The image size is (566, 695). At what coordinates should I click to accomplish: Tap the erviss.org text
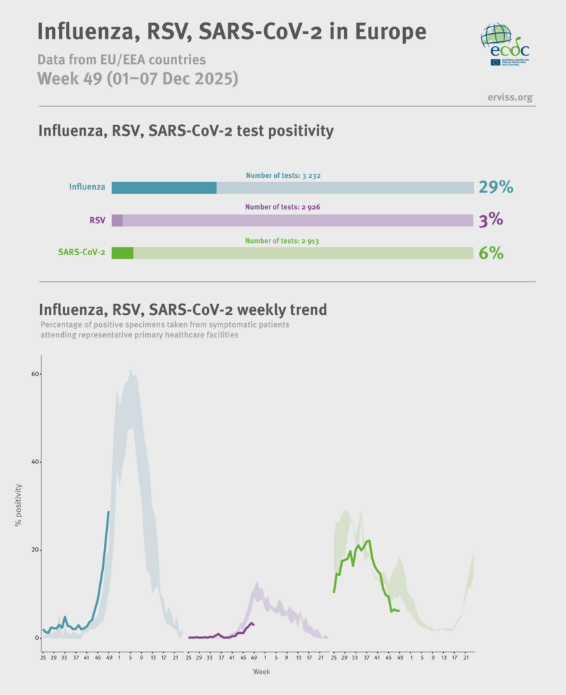click(x=510, y=97)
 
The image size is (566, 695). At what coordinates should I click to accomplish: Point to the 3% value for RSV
click(x=490, y=220)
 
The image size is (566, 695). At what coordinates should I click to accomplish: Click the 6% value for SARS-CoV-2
click(x=491, y=253)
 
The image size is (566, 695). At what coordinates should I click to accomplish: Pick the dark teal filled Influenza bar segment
click(x=164, y=188)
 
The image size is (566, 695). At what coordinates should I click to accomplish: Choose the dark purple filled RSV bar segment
click(x=117, y=220)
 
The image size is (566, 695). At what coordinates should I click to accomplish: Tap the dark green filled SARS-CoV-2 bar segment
click(x=122, y=253)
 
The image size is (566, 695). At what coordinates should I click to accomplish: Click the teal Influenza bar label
click(x=87, y=187)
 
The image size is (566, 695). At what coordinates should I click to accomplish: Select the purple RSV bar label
click(x=97, y=220)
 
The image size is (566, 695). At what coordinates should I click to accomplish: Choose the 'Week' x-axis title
click(x=261, y=671)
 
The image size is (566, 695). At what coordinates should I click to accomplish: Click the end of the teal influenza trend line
click(x=109, y=511)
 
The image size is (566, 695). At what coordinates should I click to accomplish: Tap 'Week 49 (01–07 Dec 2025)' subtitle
click(x=137, y=78)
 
